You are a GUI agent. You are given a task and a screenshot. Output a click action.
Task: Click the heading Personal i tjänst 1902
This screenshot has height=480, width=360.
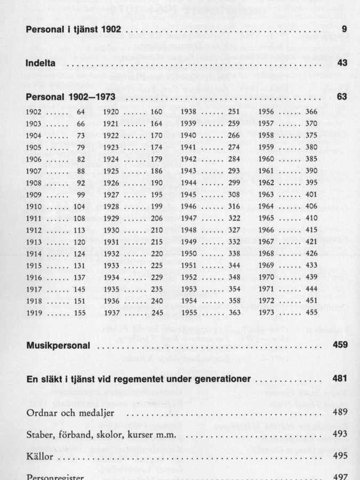[x=74, y=29]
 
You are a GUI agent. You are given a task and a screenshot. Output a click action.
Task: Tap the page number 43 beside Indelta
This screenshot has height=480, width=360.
[x=342, y=63]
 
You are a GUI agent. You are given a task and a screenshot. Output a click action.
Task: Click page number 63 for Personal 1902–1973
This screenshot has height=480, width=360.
[x=342, y=98]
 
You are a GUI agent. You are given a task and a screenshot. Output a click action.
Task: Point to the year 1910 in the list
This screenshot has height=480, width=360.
[x=34, y=206]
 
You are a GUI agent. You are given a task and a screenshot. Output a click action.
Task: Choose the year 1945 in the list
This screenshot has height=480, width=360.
[x=189, y=194]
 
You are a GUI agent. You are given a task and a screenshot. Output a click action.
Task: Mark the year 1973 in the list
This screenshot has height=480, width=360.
[x=266, y=312]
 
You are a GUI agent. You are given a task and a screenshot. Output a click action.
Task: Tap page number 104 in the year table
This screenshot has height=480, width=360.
[x=79, y=206]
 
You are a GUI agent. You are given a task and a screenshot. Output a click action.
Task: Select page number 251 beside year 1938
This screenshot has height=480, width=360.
[x=234, y=112]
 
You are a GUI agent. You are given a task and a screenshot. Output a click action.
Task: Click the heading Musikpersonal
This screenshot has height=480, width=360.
[x=58, y=346]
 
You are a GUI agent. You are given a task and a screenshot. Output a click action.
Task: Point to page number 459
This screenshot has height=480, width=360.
[x=340, y=346]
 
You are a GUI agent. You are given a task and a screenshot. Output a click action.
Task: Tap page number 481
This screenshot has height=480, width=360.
[x=340, y=379]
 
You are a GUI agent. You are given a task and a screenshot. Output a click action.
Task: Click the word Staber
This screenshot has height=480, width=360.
[x=38, y=434]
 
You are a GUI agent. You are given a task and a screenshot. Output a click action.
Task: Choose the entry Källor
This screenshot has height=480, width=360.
[x=40, y=456]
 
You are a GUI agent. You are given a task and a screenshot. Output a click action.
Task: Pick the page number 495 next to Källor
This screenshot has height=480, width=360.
[x=340, y=456]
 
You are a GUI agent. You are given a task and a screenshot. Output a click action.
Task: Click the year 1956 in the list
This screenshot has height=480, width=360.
[x=266, y=112]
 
